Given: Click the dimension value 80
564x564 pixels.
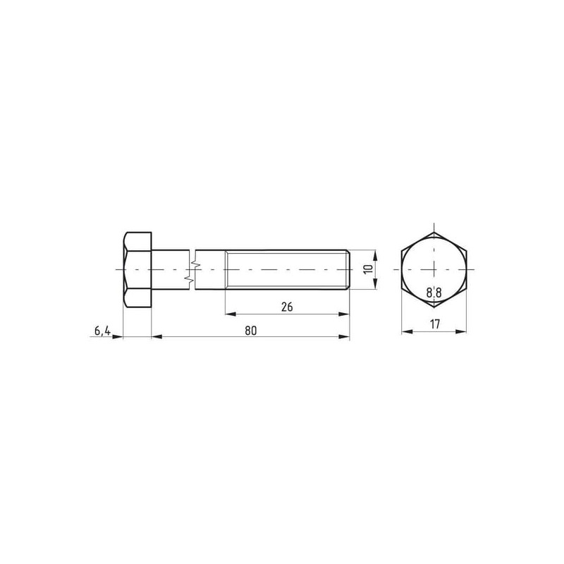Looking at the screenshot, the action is [x=251, y=330].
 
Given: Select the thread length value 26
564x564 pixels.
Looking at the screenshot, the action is [x=287, y=307].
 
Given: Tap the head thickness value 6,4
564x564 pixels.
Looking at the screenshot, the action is [x=102, y=331].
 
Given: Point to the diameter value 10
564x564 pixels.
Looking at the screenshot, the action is [x=368, y=269].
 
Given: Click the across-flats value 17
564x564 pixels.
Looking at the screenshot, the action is [x=435, y=324].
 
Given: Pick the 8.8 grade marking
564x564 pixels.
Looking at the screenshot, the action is [x=434, y=293].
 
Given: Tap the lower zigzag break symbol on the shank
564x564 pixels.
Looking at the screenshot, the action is [x=188, y=278].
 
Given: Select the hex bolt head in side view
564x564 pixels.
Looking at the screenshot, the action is [x=137, y=269].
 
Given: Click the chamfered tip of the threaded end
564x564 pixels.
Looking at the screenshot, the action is [x=348, y=269].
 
